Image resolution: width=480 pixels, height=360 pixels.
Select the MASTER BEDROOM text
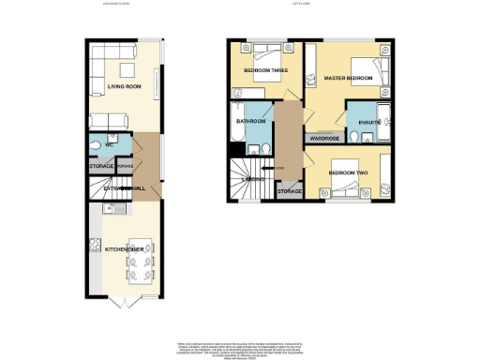[x=349, y=78]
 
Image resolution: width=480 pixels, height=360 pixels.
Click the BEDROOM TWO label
[x=349, y=173]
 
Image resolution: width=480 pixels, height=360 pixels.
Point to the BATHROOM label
[x=250, y=122]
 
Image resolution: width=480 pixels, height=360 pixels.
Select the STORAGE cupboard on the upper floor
[x=290, y=191]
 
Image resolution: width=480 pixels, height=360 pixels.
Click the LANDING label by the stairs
[x=252, y=177]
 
